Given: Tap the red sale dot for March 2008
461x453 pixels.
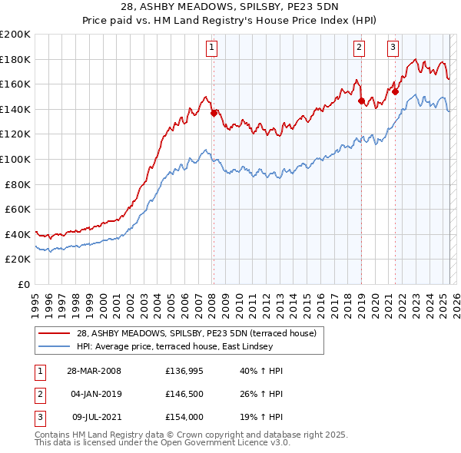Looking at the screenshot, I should coord(214,113).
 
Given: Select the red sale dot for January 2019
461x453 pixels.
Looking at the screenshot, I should coord(361,101).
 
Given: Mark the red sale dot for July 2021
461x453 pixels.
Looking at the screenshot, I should coord(395,91).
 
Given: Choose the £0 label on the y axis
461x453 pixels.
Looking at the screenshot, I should coord(24,284).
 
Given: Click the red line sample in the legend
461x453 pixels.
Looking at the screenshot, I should coord(55,333).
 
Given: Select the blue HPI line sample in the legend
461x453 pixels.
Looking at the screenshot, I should coord(55,346).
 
